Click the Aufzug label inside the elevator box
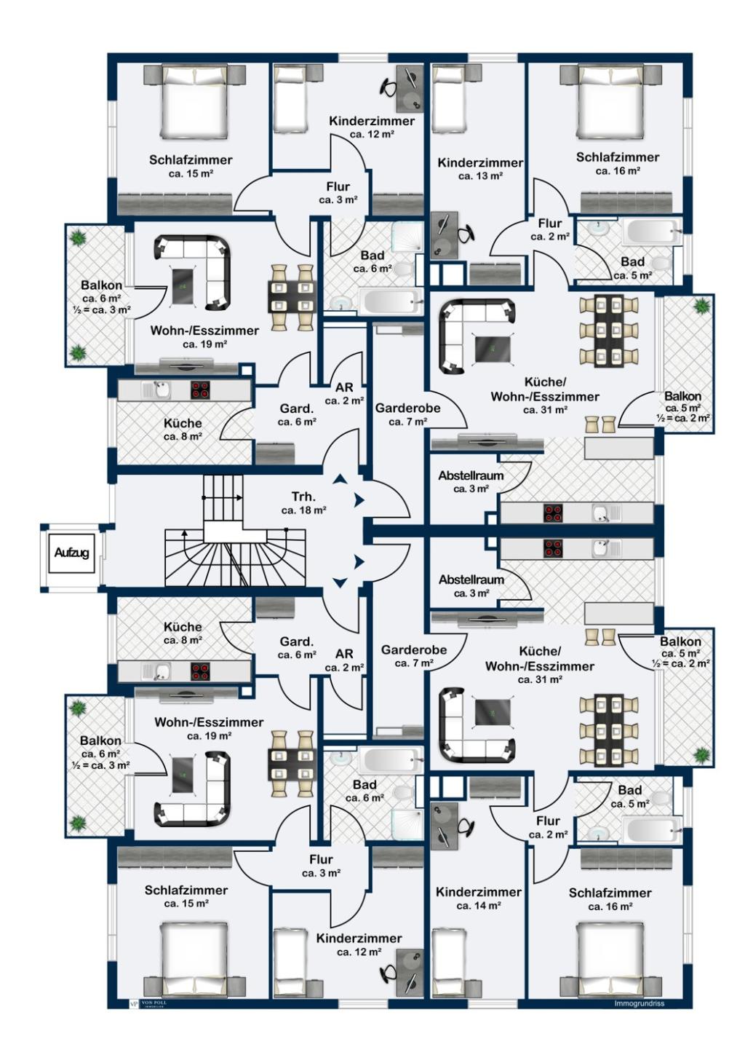click(71, 553)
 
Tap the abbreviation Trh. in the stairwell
click(303, 497)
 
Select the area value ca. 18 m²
click(303, 510)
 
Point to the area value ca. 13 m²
click(479, 176)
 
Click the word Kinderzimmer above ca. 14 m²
click(479, 892)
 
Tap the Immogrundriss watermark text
click(640, 1003)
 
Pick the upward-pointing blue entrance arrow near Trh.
click(340, 479)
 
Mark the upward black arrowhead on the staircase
click(184, 532)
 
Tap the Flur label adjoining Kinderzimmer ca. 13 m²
click(550, 224)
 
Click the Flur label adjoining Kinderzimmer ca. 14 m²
click(548, 821)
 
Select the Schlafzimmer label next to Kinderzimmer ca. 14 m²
click(610, 893)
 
